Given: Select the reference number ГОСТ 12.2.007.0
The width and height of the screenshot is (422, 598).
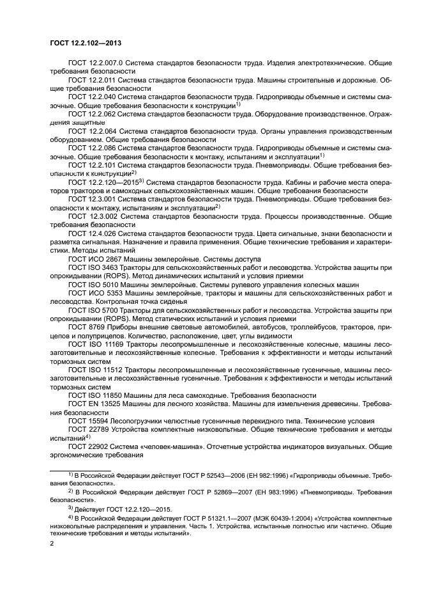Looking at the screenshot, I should pos(95,64).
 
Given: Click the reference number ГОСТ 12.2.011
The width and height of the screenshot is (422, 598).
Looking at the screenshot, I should pos(93,81).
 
